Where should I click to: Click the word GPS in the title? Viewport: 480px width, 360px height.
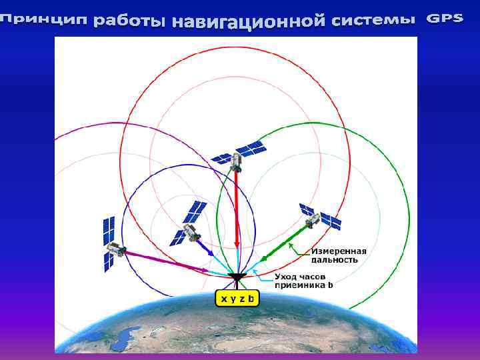coord(445,18)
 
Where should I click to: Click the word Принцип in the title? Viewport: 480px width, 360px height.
coord(45,21)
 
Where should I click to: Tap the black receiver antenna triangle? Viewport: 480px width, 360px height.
coord(237,276)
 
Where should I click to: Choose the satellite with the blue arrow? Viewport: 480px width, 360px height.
coord(189,224)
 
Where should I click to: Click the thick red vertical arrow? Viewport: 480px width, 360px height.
coord(237,213)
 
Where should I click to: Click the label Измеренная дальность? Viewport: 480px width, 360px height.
coord(339,255)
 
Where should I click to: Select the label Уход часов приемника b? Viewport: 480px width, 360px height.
coord(304,281)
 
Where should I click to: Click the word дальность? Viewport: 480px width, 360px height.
coord(335,259)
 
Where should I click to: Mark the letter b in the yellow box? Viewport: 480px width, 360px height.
coord(251,299)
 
